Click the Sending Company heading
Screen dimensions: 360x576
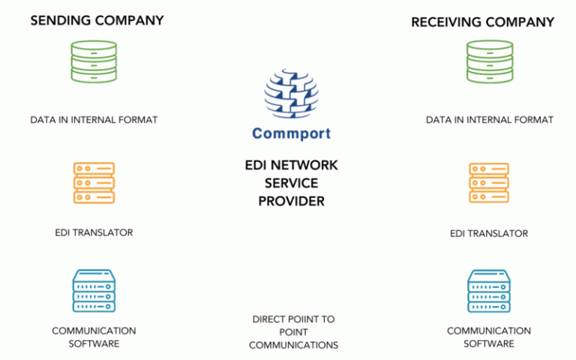pyautogui.click(x=97, y=20)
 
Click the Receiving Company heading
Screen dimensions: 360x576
pyautogui.click(x=482, y=22)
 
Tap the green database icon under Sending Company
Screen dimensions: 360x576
pyautogui.click(x=94, y=61)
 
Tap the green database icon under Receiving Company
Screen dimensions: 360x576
pyautogui.click(x=489, y=61)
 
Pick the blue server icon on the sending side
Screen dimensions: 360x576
pyautogui.click(x=94, y=292)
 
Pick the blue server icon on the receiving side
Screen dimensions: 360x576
pyautogui.click(x=489, y=292)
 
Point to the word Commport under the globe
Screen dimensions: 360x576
pyautogui.click(x=291, y=134)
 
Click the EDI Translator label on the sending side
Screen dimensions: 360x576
pyautogui.click(x=94, y=232)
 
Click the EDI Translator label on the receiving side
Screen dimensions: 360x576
pyautogui.click(x=489, y=233)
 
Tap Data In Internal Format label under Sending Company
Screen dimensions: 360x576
pyautogui.click(x=94, y=119)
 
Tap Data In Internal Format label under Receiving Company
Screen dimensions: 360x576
pyautogui.click(x=489, y=119)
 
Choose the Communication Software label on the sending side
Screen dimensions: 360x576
pyautogui.click(x=94, y=337)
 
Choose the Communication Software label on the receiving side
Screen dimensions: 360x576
pyautogui.click(x=489, y=337)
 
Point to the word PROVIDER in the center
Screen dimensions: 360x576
pyautogui.click(x=291, y=201)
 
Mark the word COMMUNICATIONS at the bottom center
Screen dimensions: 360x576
pyautogui.click(x=293, y=345)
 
